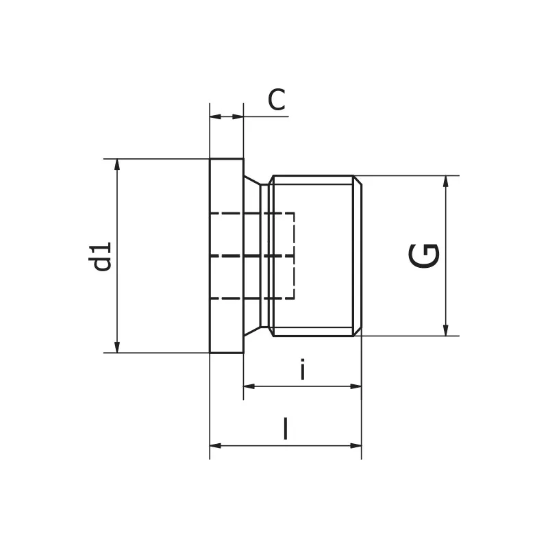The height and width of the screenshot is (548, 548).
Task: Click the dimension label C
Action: (276, 101)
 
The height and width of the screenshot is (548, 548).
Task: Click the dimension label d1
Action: (103, 256)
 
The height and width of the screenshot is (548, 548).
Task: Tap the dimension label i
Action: (302, 371)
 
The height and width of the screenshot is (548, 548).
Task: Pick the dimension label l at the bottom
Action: (286, 429)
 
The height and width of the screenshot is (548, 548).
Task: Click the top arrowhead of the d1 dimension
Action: (117, 164)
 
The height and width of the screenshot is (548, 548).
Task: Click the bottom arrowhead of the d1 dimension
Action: (117, 347)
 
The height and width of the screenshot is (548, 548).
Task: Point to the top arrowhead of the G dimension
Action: (446, 181)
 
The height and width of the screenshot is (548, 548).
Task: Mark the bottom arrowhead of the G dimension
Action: (446, 330)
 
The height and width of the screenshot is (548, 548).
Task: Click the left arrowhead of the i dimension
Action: (249, 386)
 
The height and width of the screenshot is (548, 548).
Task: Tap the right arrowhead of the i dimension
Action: (356, 386)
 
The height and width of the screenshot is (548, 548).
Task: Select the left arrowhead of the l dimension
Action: (215, 446)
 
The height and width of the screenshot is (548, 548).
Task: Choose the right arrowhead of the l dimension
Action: (356, 446)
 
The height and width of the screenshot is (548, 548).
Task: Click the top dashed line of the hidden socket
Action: (253, 214)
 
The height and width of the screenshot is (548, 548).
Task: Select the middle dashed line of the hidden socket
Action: (253, 256)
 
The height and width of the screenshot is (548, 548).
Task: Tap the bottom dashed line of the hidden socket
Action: (253, 299)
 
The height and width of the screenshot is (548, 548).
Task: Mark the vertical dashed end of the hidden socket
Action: (294, 256)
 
